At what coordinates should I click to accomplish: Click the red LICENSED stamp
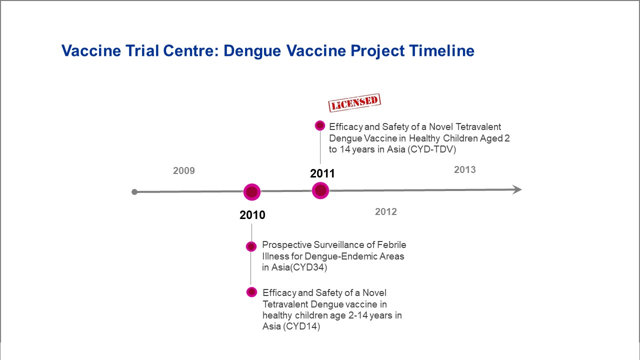coord(354,102)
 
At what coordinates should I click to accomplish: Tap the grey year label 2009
coord(183,170)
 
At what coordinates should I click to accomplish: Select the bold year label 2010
coord(252,215)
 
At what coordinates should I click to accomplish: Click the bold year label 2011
coord(322,173)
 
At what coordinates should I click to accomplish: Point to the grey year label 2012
coord(385,211)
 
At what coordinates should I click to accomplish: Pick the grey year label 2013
coord(465,169)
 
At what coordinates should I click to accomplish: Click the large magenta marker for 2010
coord(252,192)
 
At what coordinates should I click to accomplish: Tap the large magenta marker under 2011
coord(320,190)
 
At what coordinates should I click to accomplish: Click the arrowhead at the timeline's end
coord(516,189)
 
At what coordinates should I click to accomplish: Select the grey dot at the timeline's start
coord(134,192)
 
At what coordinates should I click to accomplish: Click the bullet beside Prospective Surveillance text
coord(251,246)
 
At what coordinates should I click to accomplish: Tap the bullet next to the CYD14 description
coord(251,292)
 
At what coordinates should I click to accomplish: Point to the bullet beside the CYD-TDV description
coord(320,125)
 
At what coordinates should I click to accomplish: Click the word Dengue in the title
coord(252,51)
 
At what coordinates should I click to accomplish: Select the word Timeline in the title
coord(441,50)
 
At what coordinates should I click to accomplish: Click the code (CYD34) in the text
coord(308,267)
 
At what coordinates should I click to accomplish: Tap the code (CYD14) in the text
coord(301,326)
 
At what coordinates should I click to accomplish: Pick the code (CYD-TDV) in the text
coord(431,149)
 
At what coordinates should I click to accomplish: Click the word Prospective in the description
coord(287,245)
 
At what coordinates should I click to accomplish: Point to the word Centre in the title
coord(190,50)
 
